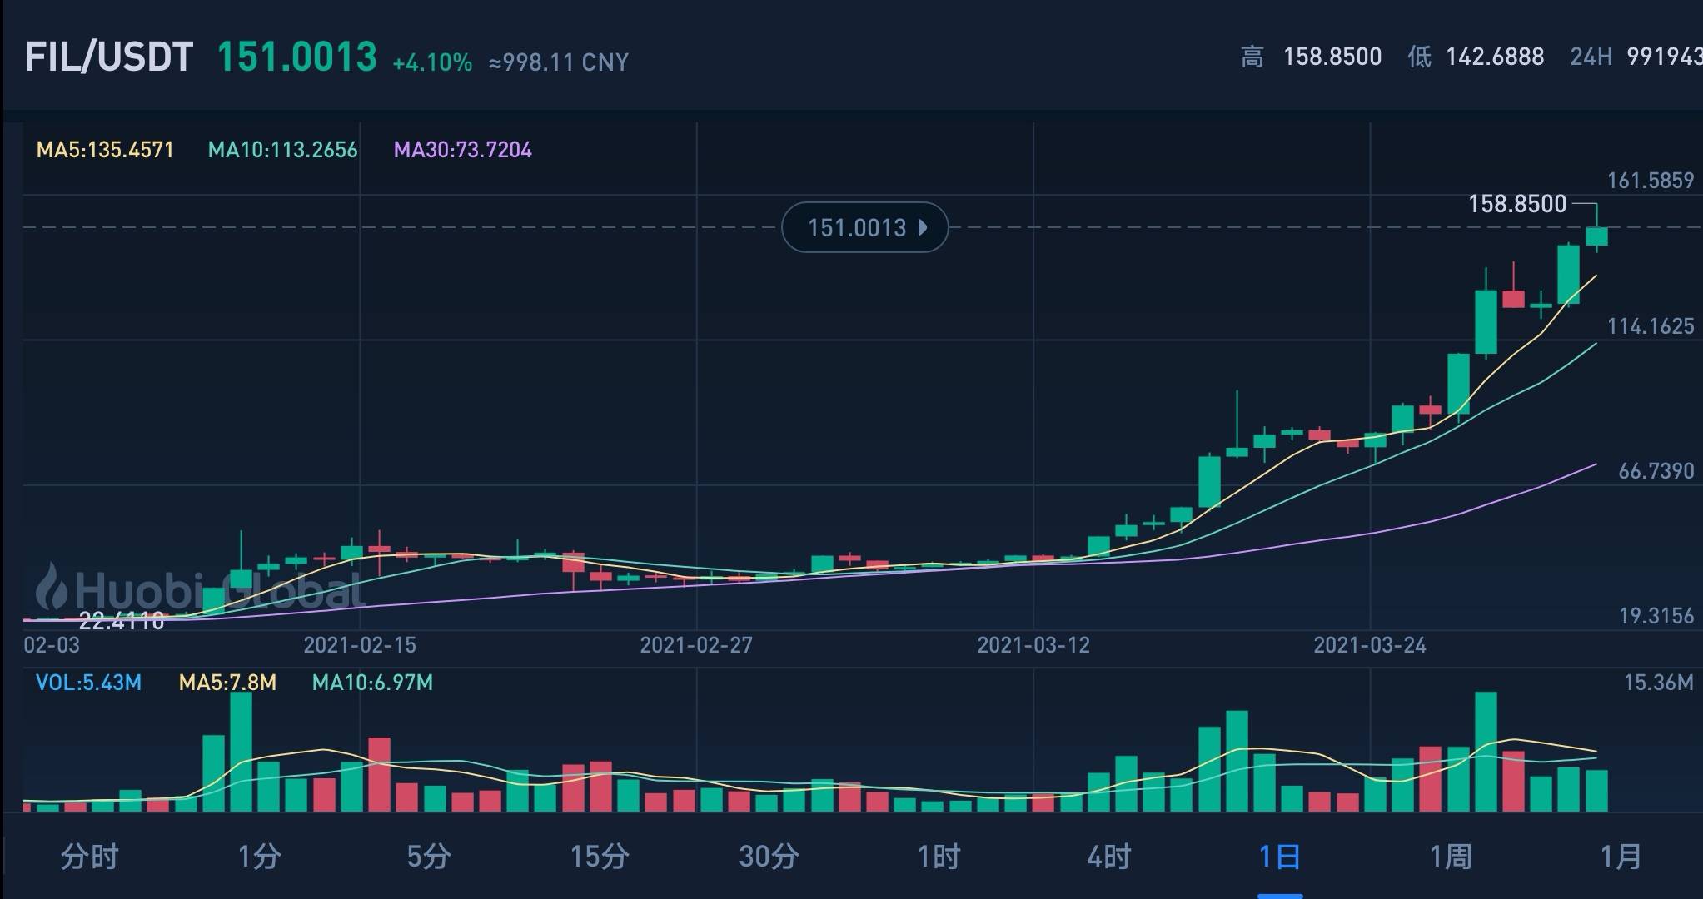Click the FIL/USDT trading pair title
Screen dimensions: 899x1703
click(109, 57)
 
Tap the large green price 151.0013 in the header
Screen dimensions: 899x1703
click(296, 57)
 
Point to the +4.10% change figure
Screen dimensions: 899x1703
click(432, 62)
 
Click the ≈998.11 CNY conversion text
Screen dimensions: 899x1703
click(559, 62)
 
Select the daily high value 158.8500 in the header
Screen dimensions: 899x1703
click(1332, 57)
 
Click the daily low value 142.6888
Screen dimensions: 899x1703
click(1495, 57)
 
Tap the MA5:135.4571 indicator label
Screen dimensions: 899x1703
click(105, 150)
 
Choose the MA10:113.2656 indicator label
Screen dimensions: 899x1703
click(282, 150)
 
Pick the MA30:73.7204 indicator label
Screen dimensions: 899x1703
click(462, 150)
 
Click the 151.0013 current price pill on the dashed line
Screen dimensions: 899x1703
click(864, 227)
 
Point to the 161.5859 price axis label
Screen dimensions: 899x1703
click(1650, 181)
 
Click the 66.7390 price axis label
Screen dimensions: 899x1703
click(1656, 471)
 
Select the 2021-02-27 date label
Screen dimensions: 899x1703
click(696, 645)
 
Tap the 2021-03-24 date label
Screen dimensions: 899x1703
click(1369, 645)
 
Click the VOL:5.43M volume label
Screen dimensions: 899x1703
click(88, 683)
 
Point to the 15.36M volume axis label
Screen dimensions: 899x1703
click(1658, 683)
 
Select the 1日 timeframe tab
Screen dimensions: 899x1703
click(1279, 856)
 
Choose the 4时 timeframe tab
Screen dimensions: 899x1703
click(1108, 856)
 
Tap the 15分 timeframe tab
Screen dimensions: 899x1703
click(599, 856)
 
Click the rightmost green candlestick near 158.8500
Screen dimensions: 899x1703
click(1596, 236)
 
